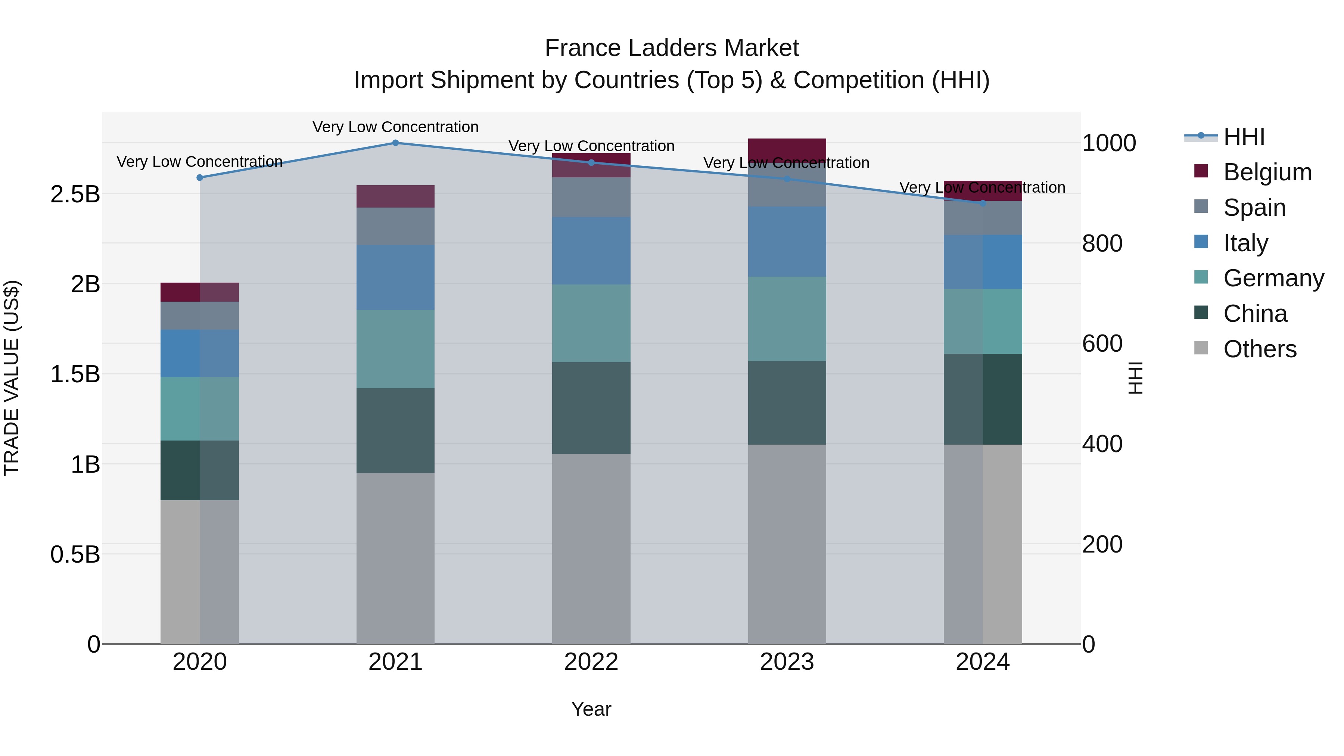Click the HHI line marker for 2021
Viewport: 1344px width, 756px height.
click(395, 143)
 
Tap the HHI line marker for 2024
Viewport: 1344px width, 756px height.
click(983, 203)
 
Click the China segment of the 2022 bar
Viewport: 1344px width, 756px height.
click(591, 408)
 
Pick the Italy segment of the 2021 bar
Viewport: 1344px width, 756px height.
click(395, 277)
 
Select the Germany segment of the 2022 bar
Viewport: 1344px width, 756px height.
click(591, 323)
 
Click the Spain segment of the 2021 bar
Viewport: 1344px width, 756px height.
click(395, 227)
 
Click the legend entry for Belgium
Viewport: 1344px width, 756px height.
click(1267, 172)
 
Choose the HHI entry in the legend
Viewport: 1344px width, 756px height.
click(1244, 137)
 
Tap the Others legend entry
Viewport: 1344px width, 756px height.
click(1260, 349)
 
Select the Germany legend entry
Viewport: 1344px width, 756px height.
click(1273, 278)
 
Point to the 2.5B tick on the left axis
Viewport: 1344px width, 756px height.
click(75, 195)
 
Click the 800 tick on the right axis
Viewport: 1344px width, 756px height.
click(1102, 244)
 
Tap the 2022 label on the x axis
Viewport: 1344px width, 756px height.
click(591, 662)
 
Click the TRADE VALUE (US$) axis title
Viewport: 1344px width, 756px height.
click(12, 378)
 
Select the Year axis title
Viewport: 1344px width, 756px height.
click(591, 709)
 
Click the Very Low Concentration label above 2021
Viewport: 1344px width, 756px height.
click(395, 127)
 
